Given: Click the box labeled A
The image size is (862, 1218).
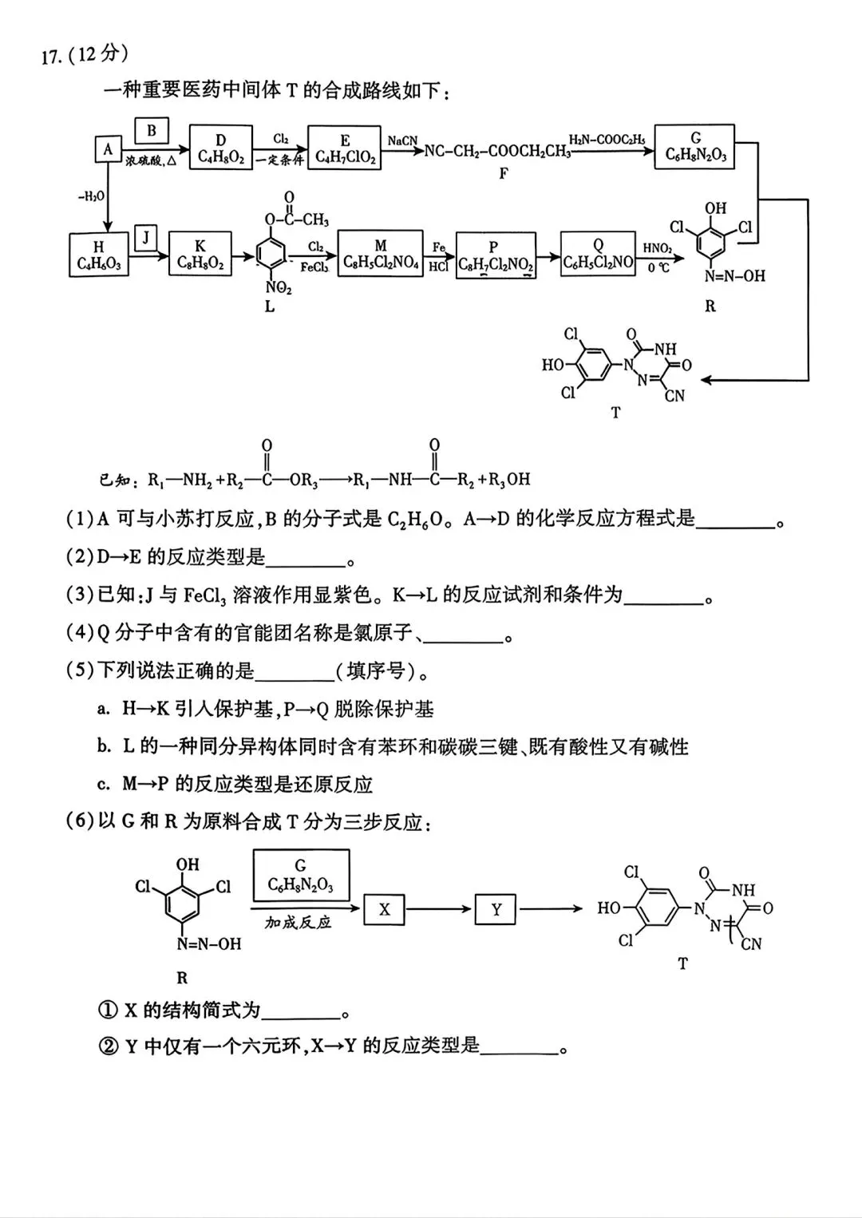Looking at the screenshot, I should pos(108,149).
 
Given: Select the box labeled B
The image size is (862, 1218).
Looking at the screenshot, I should pos(152,131).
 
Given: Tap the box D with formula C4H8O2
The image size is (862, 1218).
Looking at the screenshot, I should pos(221,148).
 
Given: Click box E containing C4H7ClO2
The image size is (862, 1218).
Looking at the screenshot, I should pos(345,148).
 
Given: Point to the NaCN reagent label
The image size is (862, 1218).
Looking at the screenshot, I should pos(402,140).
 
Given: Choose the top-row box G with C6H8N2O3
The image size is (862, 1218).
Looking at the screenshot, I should pos(694,146).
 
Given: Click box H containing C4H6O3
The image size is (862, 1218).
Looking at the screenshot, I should pos(98,255).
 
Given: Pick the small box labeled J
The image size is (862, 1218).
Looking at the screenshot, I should pos(145,237).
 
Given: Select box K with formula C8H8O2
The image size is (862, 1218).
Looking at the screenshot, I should pos(200,255).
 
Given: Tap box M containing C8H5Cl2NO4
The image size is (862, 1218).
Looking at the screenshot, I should pos(380,254).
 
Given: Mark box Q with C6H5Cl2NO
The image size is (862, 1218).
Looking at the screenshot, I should pos(598,254).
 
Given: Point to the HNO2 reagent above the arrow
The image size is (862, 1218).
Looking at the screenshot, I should pos(657,248).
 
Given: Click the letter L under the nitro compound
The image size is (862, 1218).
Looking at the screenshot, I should pos(270,306).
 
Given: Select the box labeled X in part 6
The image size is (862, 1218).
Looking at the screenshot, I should pos(384,909).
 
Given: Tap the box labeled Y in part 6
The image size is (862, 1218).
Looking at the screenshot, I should pos(496,909).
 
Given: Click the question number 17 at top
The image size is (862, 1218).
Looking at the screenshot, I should pos(51,57).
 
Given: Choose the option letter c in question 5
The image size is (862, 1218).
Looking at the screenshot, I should pos(104,785).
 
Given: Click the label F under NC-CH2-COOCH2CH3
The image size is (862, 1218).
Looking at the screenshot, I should pos(504,173).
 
